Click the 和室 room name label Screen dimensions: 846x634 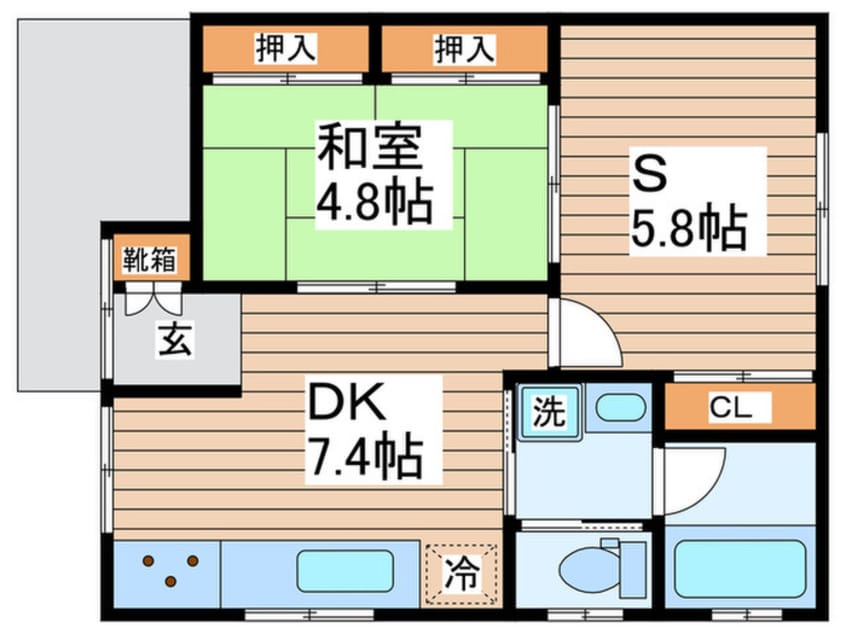pos(369,146)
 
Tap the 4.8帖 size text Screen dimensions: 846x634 pos(374,203)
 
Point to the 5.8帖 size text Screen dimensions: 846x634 pos(689,228)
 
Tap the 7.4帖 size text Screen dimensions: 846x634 pos(364,456)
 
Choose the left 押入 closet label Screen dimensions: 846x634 pos(285,49)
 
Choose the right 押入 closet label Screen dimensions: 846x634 pos(465,49)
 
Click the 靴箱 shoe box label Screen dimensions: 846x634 pos(149,260)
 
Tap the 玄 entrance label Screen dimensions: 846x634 pos(175,339)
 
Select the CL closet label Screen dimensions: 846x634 pos(731,407)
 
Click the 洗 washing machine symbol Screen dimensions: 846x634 pos(549,412)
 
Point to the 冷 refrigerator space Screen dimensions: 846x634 pos(461,573)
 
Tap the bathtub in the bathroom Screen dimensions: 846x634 pos(740,568)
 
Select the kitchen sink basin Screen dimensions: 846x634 pos(345,571)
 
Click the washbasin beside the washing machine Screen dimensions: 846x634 pos(620,407)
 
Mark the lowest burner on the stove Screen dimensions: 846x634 pos(170,581)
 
